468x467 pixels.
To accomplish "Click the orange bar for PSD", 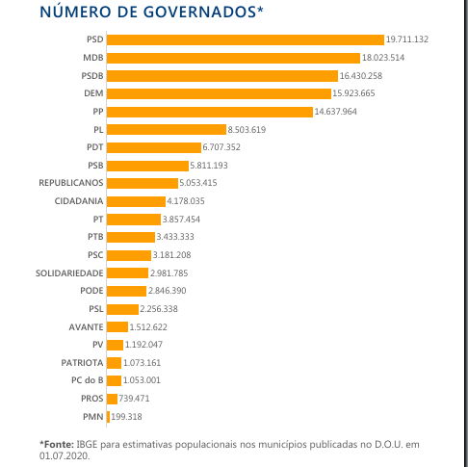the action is click(x=246, y=39).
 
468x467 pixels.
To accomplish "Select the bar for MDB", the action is click(x=233, y=58).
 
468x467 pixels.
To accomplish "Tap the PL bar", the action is click(x=167, y=130).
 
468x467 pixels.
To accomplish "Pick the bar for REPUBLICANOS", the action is click(x=143, y=183).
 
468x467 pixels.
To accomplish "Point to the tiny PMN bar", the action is click(x=108, y=417).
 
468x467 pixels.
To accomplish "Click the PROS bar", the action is click(x=112, y=399).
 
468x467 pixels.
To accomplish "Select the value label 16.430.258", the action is click(x=361, y=76).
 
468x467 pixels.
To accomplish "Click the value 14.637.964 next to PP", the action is click(x=335, y=112).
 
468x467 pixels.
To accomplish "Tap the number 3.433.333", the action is click(x=175, y=237).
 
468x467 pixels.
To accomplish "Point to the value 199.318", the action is click(x=126, y=417).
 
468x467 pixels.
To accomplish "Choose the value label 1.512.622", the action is click(x=148, y=327).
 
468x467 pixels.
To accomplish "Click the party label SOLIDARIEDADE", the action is click(x=69, y=273).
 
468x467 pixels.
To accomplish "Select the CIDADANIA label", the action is click(x=79, y=201).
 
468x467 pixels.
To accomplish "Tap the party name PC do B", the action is click(x=88, y=380).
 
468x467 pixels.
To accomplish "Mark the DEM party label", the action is click(x=93, y=93).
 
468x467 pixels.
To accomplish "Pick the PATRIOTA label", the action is click(x=82, y=363).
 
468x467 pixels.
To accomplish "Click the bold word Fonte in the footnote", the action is click(x=59, y=445).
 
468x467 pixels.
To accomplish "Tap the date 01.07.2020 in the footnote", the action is click(x=64, y=455).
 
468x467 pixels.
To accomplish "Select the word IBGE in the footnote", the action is click(x=87, y=445).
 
